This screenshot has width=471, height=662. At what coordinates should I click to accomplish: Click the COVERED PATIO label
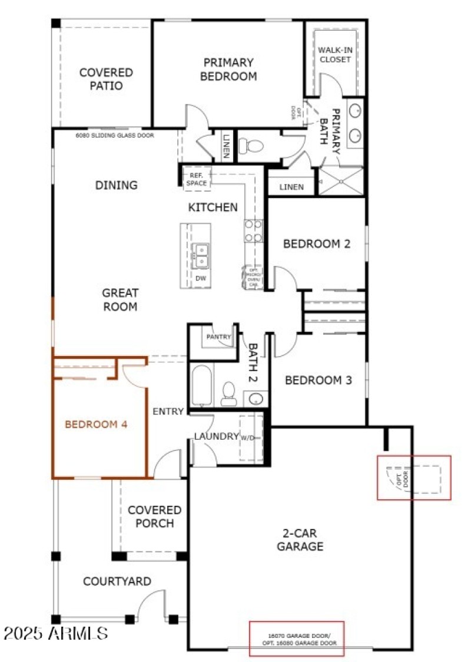[106, 79]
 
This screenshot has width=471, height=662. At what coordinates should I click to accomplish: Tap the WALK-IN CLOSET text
[335, 55]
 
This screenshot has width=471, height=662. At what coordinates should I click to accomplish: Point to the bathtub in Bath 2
[200, 387]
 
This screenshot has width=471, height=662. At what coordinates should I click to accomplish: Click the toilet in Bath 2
[228, 394]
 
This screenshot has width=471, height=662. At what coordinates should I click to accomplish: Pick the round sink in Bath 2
[255, 399]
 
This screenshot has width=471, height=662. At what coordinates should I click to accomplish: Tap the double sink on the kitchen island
[200, 255]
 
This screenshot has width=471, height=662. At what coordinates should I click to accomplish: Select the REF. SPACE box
[195, 179]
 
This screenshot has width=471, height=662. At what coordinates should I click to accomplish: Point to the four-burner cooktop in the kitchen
[253, 230]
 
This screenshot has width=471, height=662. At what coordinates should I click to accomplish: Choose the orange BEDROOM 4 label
[96, 424]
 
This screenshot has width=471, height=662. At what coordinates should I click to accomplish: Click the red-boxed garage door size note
[296, 638]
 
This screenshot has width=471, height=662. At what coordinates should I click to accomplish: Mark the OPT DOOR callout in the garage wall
[414, 477]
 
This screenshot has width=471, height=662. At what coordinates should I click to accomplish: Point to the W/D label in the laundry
[247, 437]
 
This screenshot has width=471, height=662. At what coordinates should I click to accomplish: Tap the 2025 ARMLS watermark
[55, 634]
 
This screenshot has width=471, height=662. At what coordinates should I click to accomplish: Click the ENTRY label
[168, 411]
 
